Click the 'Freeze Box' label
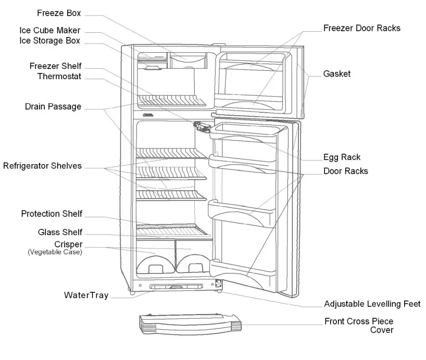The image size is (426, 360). pyautogui.click(x=59, y=13)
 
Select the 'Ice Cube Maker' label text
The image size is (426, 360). pyautogui.click(x=50, y=31)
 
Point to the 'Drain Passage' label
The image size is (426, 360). pyautogui.click(x=53, y=107)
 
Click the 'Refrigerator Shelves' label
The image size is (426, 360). pyautogui.click(x=42, y=166)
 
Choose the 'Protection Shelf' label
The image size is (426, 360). pyautogui.click(x=52, y=214)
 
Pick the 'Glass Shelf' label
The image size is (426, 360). pyautogui.click(x=60, y=232)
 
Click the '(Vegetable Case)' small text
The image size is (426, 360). pyautogui.click(x=55, y=252)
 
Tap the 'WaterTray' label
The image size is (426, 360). pyautogui.click(x=86, y=295)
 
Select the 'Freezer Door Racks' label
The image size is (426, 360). pyautogui.click(x=362, y=28)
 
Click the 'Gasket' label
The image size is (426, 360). pyautogui.click(x=337, y=74)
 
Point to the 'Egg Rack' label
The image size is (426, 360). pyautogui.click(x=342, y=157)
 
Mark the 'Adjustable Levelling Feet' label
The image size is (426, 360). pyautogui.click(x=372, y=304)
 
